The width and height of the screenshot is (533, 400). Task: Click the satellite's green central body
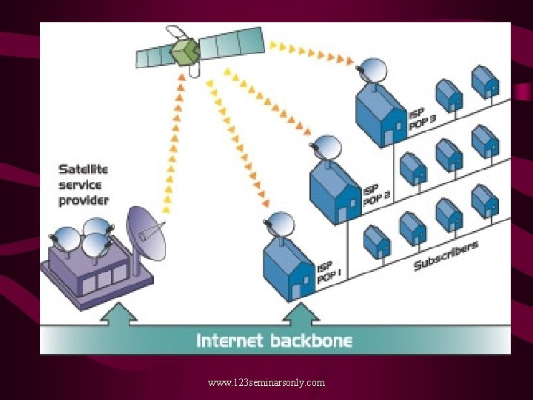pyautogui.click(x=185, y=52)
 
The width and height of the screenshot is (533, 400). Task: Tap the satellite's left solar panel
pyautogui.click(x=155, y=57)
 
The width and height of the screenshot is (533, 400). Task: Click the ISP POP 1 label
pyautogui.click(x=329, y=273)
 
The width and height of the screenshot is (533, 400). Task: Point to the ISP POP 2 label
pyautogui.click(x=377, y=193)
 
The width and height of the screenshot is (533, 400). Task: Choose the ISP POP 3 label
pyautogui.click(x=423, y=117)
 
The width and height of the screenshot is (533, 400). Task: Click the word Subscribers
pyautogui.click(x=446, y=255)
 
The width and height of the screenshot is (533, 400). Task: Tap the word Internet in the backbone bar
pyautogui.click(x=229, y=341)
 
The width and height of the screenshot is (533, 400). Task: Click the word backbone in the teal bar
pyautogui.click(x=310, y=341)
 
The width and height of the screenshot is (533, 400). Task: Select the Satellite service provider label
pyautogui.click(x=83, y=184)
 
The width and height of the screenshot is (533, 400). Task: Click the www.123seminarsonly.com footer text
pyautogui.click(x=266, y=382)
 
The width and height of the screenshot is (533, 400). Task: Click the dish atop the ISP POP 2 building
pyautogui.click(x=326, y=147)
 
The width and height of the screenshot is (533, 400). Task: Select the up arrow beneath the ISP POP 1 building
pyautogui.click(x=300, y=314)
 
